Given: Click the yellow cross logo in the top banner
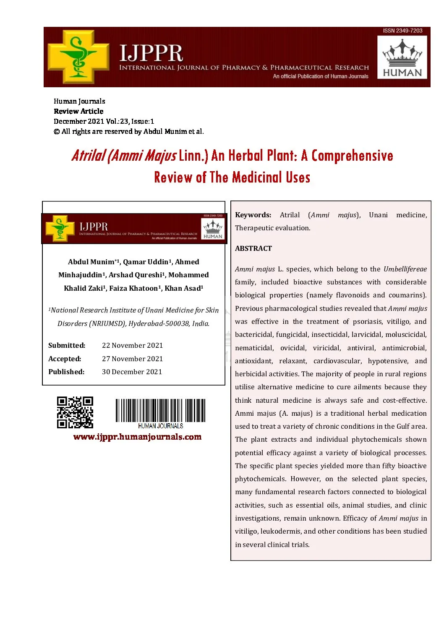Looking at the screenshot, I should pos(78,57).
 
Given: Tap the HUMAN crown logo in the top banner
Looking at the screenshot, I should pos(402,57).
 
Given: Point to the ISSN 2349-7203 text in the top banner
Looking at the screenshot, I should pos(402,31).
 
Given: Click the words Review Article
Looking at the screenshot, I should pos(78,111).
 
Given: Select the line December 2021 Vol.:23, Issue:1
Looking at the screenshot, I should pos(104,121).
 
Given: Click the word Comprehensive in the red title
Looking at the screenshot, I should pos(352,156).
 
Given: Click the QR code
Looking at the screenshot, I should pos(75,412).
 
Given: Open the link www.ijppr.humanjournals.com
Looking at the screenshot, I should pos(137,437).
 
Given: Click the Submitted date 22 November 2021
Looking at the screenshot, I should pos(132,345).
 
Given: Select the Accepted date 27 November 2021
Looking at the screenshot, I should pos(132,359).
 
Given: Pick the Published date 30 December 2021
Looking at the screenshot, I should pos(132,372).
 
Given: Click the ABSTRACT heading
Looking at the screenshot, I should pos(253,248).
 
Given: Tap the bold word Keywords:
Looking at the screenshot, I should pos(253,215).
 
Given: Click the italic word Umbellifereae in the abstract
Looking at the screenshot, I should pos(405,269).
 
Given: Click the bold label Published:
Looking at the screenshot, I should pos(66,372).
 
